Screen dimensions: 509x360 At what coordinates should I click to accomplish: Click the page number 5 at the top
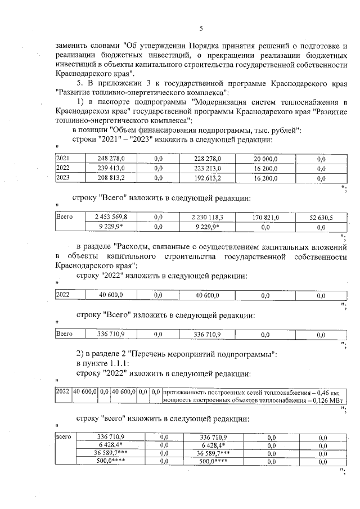201,29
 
